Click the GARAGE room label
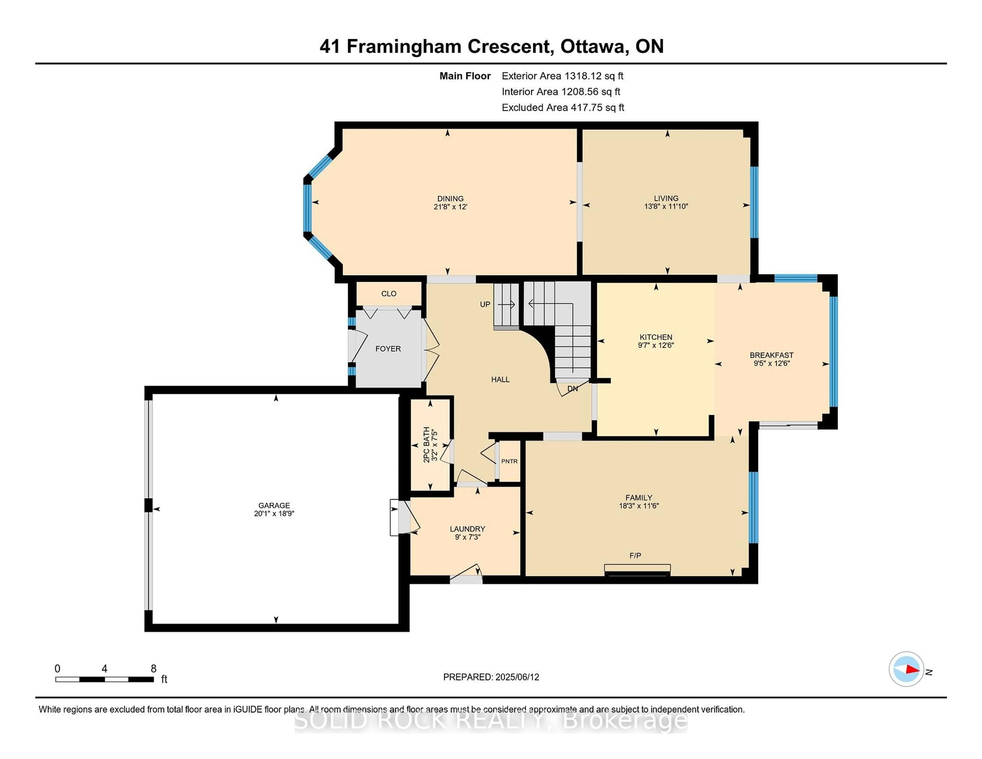point(274,505)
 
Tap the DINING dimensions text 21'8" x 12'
point(450,207)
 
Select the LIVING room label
point(666,198)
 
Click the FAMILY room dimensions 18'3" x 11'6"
point(639,505)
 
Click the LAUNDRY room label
point(467,529)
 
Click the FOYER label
point(388,349)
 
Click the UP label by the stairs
point(485,304)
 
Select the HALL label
point(500,379)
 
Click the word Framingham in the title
point(404,46)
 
